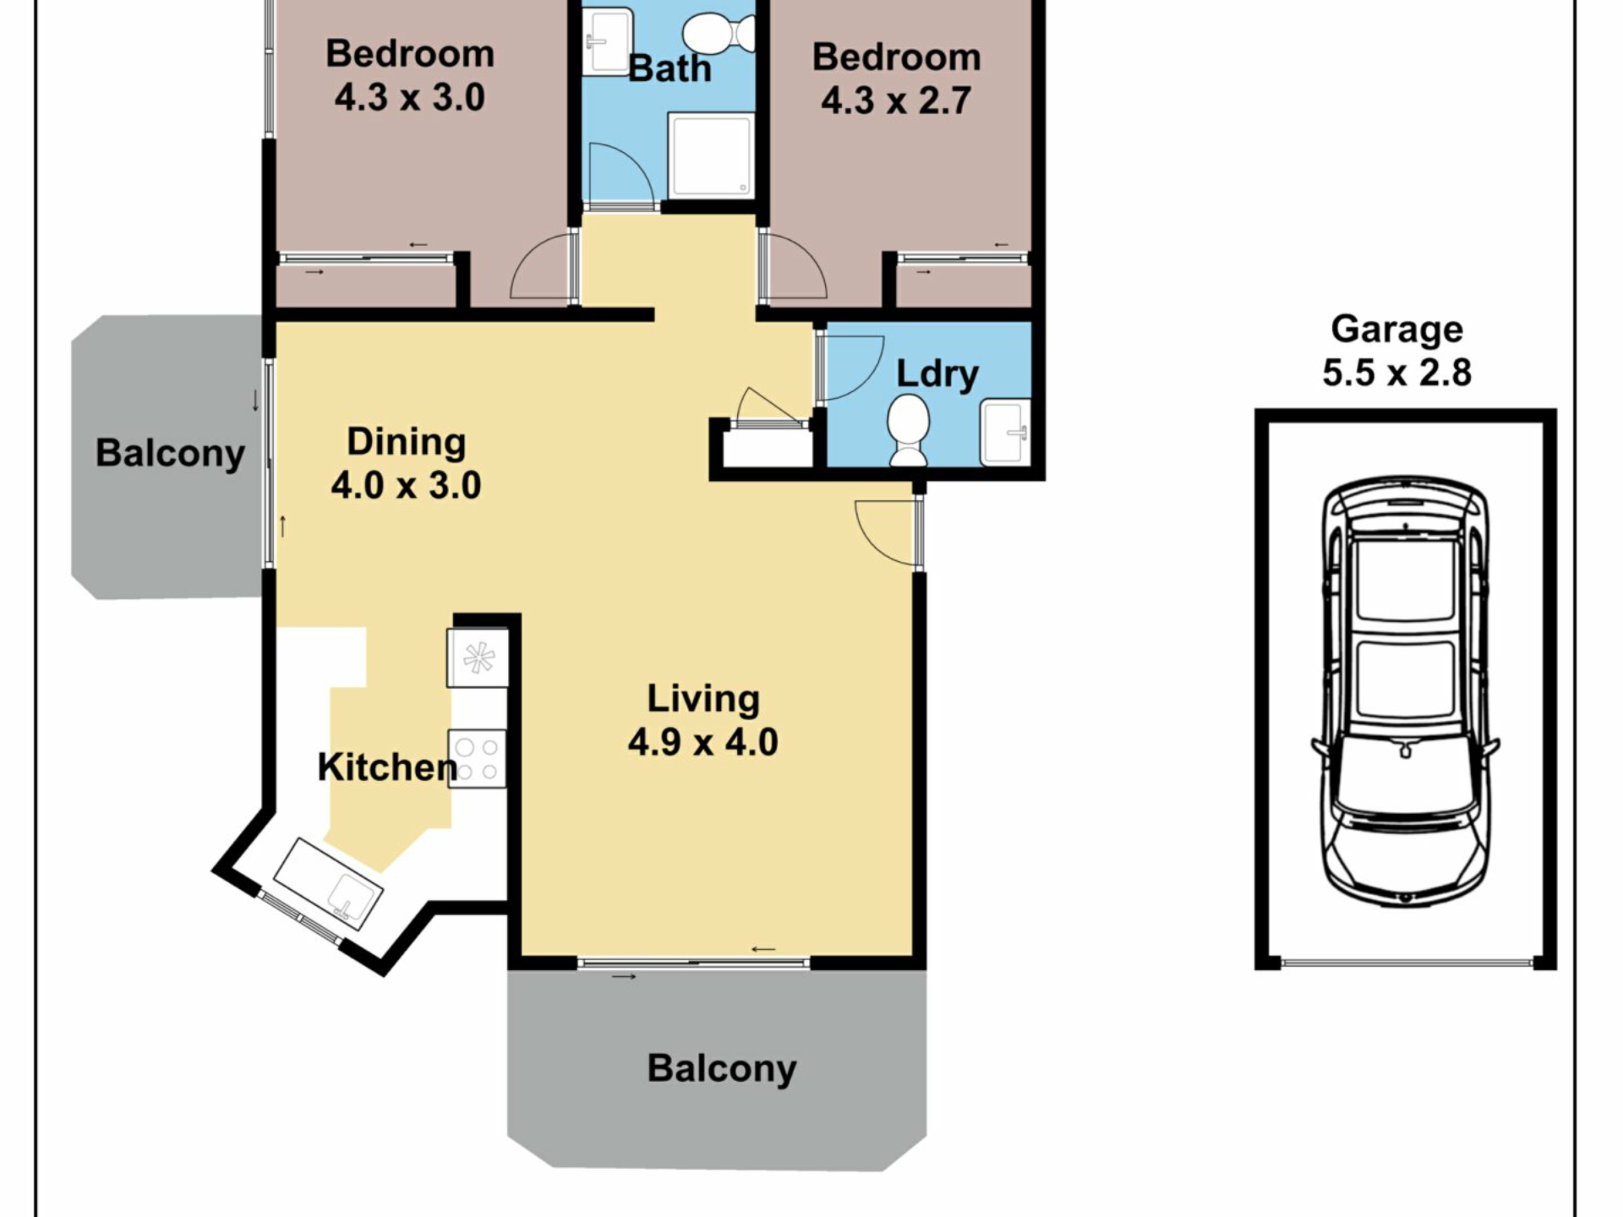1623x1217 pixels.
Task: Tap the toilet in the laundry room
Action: pos(909,430)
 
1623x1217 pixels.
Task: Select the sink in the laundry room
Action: pos(1005,432)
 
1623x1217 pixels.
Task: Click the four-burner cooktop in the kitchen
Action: pos(477,759)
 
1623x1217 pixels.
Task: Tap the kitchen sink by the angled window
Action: pos(328,883)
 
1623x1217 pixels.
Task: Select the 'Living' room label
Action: pos(703,700)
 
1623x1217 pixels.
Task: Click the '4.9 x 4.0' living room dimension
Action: pos(703,742)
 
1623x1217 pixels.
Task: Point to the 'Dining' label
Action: pos(407,442)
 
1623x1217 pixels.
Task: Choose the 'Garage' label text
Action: pos(1396,330)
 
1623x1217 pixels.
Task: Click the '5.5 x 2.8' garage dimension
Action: pos(1396,373)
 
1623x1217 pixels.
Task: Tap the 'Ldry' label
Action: pos(937,374)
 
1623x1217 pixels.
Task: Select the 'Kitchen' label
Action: pos(387,767)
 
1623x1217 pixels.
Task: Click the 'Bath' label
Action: pos(670,68)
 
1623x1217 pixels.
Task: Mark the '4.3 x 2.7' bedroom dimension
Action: pos(896,101)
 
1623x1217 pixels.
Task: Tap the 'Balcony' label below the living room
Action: pos(722,1068)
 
